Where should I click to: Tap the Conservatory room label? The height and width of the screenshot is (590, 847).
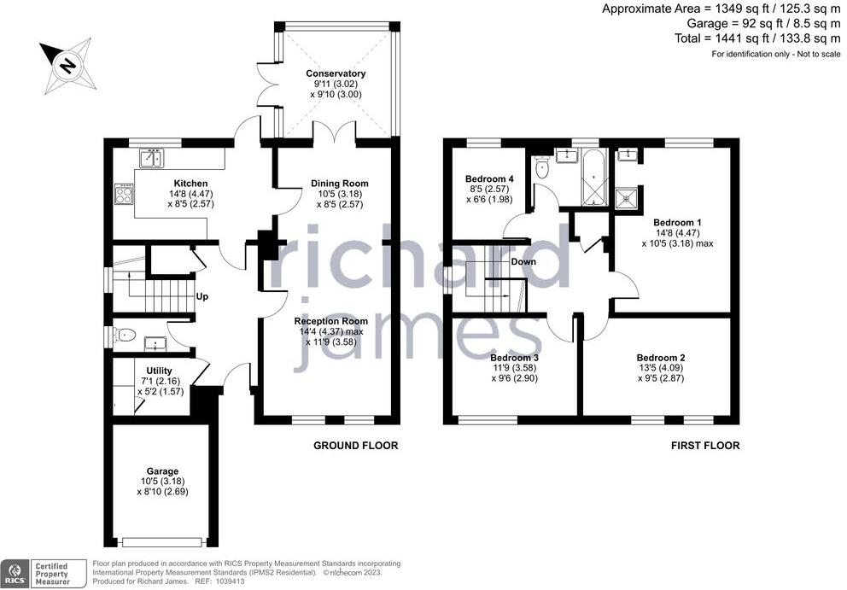(336, 74)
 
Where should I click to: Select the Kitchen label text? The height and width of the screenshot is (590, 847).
(190, 184)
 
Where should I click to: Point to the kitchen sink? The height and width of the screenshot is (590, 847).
(152, 158)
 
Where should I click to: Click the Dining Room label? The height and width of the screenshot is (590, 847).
(339, 184)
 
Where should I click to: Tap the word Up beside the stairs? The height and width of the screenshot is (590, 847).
(203, 297)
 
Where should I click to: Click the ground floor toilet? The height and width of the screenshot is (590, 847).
(122, 336)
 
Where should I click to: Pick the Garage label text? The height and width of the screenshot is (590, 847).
(161, 471)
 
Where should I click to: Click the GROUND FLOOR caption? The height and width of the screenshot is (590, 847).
(355, 446)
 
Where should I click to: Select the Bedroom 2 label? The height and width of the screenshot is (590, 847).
(661, 358)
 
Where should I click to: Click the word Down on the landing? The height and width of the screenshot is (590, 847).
(523, 261)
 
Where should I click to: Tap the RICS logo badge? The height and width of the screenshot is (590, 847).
(15, 572)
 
